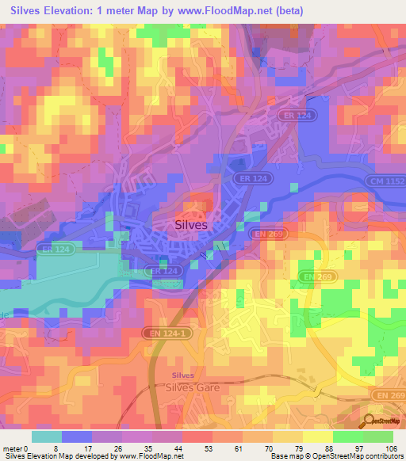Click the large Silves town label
190,225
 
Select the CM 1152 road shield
384,181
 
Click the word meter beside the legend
12,448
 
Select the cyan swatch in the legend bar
47,436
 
